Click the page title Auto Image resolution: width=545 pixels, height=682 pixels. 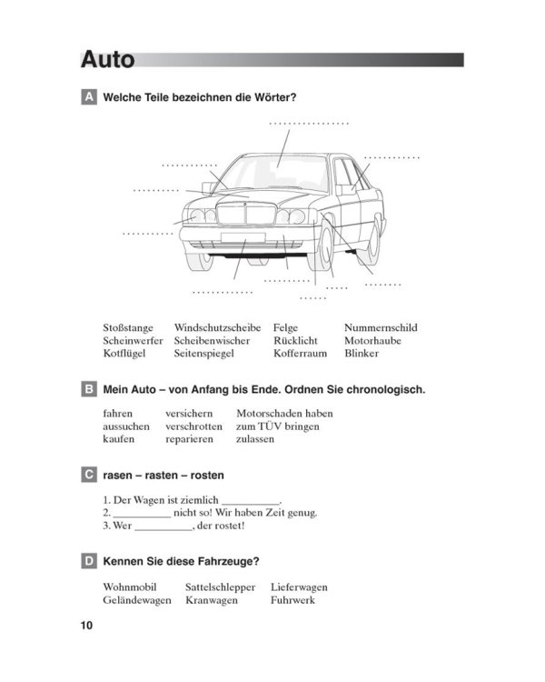[x=107, y=60]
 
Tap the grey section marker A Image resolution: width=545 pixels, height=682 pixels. [x=88, y=96]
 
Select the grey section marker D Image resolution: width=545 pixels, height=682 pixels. [x=88, y=562]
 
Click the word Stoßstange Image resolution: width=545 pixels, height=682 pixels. [x=128, y=327]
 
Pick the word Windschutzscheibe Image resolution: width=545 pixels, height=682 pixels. [x=217, y=327]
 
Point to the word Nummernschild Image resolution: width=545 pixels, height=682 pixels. [x=381, y=327]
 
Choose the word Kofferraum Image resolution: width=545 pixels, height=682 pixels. [x=299, y=353]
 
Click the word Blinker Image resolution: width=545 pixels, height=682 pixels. [x=362, y=353]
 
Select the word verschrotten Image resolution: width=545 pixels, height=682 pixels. [x=193, y=426]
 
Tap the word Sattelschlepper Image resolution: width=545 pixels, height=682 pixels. [x=220, y=587]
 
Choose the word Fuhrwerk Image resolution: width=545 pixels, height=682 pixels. [x=292, y=600]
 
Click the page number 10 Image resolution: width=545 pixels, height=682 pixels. [x=86, y=626]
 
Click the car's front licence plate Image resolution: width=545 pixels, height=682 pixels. [x=243, y=237]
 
